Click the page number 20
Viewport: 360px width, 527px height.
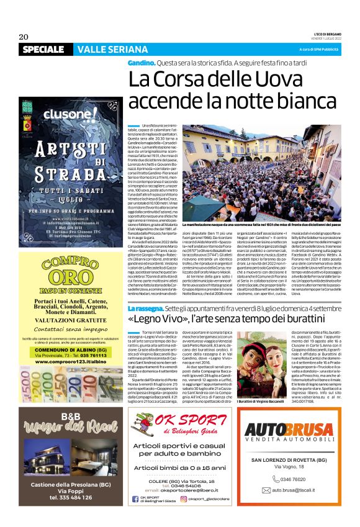click(24, 36)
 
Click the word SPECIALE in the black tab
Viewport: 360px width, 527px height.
click(45, 49)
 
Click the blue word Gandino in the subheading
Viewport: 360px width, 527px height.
click(142, 64)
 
